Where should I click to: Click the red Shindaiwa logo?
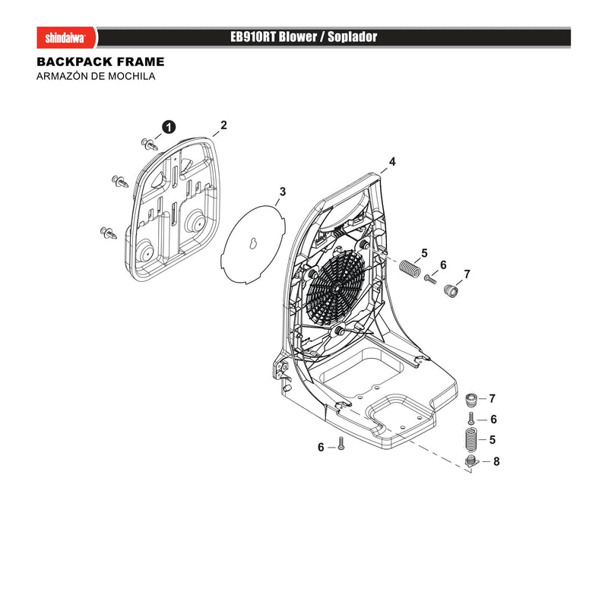66,37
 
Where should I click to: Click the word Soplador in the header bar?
352,36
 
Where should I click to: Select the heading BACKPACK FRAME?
100,62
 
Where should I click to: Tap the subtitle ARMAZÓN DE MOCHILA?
96,76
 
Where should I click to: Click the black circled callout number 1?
169,127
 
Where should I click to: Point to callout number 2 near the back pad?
223,125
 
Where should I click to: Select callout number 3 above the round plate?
282,192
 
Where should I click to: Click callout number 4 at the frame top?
392,162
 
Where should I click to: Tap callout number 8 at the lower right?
496,461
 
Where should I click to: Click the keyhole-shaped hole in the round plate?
254,244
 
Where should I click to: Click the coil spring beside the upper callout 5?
410,268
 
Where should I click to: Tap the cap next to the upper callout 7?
451,290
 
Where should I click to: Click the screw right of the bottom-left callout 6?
340,443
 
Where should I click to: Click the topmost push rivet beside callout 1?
150,144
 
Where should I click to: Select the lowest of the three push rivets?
109,233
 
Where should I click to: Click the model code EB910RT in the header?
252,36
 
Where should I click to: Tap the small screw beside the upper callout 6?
430,279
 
